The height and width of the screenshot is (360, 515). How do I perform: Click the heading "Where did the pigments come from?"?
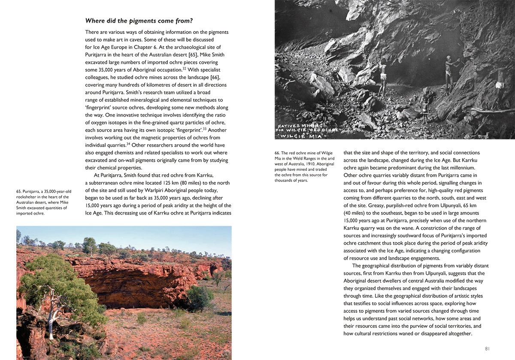point(139,20)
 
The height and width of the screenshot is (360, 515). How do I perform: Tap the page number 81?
point(487,348)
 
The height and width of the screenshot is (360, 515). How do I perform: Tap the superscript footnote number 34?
point(128,144)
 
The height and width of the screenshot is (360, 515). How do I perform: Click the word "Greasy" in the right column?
point(352,205)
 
